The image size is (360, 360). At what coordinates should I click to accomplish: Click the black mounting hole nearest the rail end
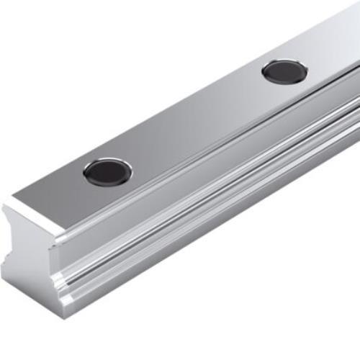(107, 172)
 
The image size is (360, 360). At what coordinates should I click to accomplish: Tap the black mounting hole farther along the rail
(284, 71)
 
